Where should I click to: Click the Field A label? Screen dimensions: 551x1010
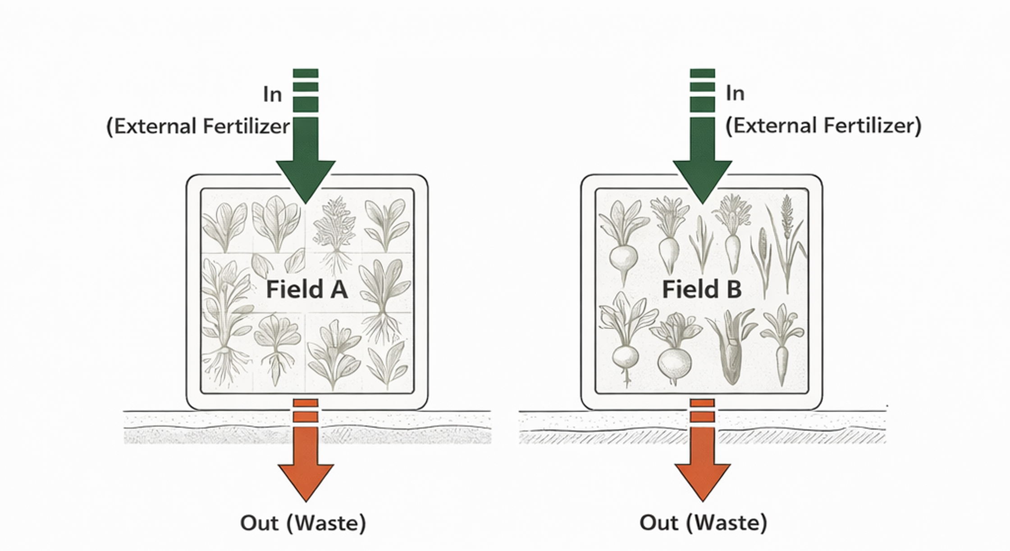306,289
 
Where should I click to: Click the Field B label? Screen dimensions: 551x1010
701,289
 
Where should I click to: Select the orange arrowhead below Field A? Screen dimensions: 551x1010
306,481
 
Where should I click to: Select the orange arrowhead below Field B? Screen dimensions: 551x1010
702,481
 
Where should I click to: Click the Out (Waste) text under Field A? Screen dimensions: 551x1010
303,523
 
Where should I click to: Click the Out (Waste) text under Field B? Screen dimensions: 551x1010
703,523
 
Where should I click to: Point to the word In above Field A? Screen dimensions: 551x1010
272,95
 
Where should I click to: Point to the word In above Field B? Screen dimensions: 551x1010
735,93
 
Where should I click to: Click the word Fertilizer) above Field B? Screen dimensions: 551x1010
873,125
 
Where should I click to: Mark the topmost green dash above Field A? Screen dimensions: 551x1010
306,73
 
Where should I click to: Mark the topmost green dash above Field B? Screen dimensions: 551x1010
702,73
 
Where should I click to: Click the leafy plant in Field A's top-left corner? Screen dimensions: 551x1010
224,226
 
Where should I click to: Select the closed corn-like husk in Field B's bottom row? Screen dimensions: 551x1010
731,357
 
